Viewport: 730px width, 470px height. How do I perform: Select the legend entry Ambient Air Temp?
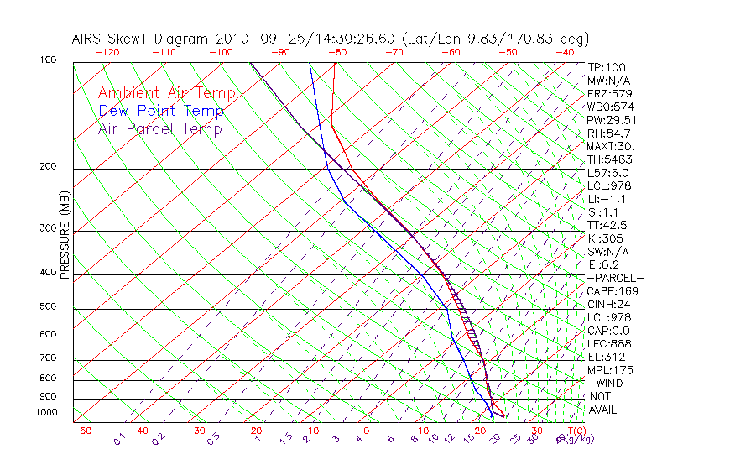click(x=166, y=93)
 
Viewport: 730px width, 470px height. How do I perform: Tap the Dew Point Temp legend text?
click(x=161, y=111)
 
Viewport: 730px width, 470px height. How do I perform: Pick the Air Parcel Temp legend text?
click(x=159, y=128)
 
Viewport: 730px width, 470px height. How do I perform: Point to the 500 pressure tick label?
click(x=49, y=306)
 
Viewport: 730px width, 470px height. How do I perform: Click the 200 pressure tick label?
click(x=49, y=166)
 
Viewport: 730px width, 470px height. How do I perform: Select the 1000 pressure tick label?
click(x=47, y=413)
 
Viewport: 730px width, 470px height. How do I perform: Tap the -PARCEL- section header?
click(x=616, y=278)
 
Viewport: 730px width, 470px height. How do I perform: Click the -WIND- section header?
click(x=609, y=383)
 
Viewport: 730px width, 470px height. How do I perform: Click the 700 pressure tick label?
click(x=49, y=358)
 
